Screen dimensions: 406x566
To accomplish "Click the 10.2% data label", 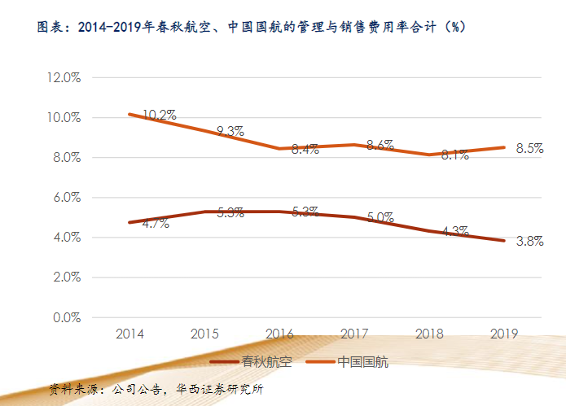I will pos(159,116).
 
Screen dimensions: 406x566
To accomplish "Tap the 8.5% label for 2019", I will pos(529,149).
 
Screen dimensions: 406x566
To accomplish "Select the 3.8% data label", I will pos(529,241).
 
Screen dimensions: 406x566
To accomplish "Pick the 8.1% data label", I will pos(454,155).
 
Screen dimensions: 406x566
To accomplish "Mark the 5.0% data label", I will pos(380,218).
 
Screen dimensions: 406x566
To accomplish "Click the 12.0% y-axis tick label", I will pos(62,78).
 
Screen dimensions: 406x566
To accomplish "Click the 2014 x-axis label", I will pos(130,334).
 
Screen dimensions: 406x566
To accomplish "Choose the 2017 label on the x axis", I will pos(354,334).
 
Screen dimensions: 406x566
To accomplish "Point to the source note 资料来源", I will pos(156,389).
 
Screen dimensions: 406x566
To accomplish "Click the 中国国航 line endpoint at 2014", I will pos(130,114).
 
